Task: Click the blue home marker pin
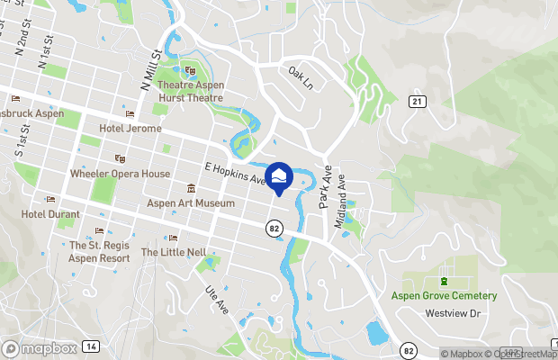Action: coord(279,177)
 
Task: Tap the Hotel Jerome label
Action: coord(130,129)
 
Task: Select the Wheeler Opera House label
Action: coord(120,174)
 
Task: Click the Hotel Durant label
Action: coord(51,214)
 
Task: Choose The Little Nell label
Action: coord(174,253)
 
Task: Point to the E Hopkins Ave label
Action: coord(237,174)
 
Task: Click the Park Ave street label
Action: coord(326,187)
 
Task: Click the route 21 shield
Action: coord(416,102)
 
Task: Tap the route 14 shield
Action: coord(91,346)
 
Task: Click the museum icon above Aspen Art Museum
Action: coord(191,189)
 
